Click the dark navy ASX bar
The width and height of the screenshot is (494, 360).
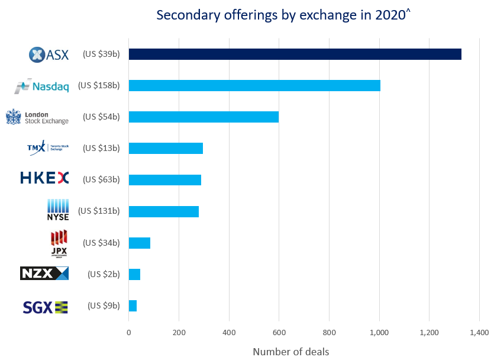click(295, 54)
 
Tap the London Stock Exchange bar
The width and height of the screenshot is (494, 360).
click(204, 117)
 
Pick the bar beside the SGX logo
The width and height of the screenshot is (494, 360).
click(133, 306)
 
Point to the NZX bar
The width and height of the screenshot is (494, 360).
click(134, 274)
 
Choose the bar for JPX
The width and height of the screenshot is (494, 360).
click(140, 243)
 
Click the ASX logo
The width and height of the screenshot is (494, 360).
click(49, 54)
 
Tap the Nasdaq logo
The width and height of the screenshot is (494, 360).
click(42, 86)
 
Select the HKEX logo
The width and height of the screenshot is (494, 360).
click(44, 178)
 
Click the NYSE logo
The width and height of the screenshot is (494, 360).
click(58, 210)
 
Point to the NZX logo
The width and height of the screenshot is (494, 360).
click(44, 274)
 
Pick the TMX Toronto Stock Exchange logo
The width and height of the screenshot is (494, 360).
click(48, 147)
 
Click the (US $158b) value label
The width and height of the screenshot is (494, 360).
click(99, 86)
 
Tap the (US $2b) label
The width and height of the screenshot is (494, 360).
click(104, 274)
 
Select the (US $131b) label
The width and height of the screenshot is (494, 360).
click(99, 211)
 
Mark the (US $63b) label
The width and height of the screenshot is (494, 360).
click(101, 179)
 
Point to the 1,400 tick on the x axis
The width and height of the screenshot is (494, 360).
click(479, 332)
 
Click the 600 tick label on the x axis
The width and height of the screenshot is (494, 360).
click(279, 332)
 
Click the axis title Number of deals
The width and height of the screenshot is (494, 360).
click(290, 351)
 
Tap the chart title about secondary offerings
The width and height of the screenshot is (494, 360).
click(283, 15)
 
